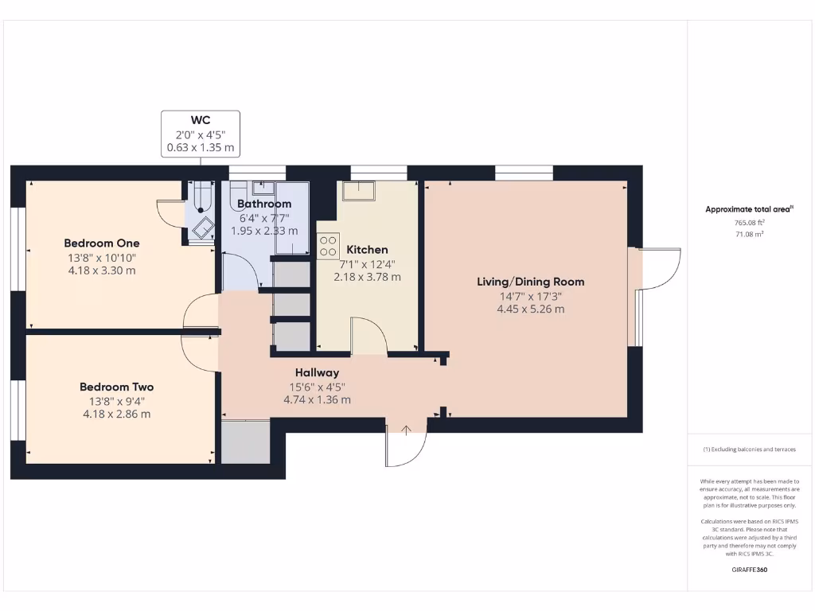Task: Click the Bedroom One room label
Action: pos(102,243)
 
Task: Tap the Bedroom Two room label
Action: pos(116,387)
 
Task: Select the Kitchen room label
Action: pos(367,250)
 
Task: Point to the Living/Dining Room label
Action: pos(530,282)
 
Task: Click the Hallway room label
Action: pos(317,372)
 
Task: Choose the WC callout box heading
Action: pos(201,120)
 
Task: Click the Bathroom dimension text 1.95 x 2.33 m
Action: pos(264,231)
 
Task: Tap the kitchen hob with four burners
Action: pos(329,246)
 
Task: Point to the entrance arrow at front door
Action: pos(406,431)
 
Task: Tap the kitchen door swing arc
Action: pos(369,334)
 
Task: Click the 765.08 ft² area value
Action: pos(748,224)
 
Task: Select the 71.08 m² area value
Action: pos(748,235)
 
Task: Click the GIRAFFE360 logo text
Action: pos(748,570)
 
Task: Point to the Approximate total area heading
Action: pos(748,209)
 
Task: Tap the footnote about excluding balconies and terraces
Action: pos(748,449)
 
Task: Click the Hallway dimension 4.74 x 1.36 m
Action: pos(317,400)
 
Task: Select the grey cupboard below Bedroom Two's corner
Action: pos(245,442)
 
